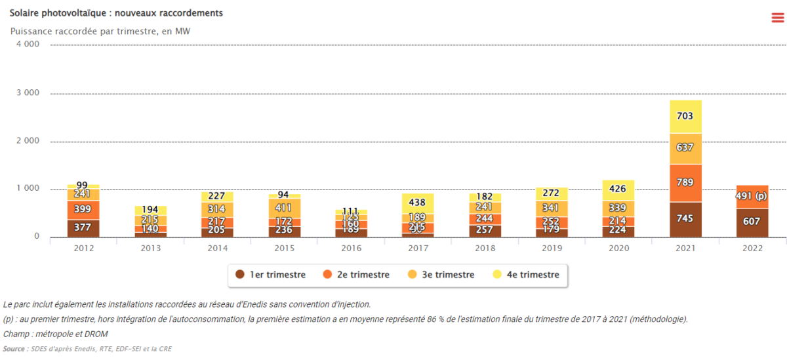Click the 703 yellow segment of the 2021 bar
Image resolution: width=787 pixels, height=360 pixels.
click(x=685, y=117)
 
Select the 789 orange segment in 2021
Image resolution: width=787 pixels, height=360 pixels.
click(x=685, y=182)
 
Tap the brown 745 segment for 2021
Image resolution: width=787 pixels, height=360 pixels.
click(x=685, y=219)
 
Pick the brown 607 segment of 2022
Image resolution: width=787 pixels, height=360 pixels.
click(x=752, y=222)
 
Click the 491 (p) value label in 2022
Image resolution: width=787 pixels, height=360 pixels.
click(x=752, y=196)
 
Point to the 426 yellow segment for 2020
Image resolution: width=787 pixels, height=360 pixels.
click(x=618, y=190)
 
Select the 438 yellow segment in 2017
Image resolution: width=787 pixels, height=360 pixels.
click(x=418, y=203)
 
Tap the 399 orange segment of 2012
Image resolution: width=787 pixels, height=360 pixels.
click(x=83, y=209)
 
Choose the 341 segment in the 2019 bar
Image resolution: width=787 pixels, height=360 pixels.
click(x=552, y=208)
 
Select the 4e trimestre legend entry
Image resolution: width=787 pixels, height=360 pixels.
click(x=531, y=275)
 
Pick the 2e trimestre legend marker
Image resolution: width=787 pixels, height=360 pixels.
click(x=327, y=275)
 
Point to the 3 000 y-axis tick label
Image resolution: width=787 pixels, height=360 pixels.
click(x=28, y=92)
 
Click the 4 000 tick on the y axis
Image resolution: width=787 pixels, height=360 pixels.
click(x=28, y=44)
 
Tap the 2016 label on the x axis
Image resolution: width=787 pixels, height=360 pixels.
click(x=351, y=249)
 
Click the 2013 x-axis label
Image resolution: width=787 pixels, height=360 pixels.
click(x=150, y=249)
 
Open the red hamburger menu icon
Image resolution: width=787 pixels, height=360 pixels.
click(x=777, y=18)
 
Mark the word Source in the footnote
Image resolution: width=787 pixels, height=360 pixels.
click(x=14, y=349)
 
